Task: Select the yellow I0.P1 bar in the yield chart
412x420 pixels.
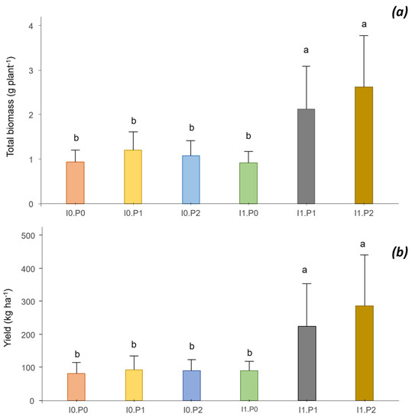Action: pos(133,385)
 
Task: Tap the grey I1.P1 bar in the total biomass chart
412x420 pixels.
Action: pos(306,157)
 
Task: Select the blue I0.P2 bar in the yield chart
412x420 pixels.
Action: pos(190,386)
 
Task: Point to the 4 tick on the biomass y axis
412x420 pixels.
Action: pos(30,26)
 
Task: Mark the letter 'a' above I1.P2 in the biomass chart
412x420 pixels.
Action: pos(364,24)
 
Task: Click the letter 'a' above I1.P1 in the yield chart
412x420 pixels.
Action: pos(306,270)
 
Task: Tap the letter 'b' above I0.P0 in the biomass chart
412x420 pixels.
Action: pos(75,138)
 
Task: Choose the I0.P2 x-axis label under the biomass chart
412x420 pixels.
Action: pos(190,214)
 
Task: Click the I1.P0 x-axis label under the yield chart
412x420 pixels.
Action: pos(248,411)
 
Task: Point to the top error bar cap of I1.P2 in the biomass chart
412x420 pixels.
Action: pos(364,36)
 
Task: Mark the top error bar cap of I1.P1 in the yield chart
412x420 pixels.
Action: pos(306,284)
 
